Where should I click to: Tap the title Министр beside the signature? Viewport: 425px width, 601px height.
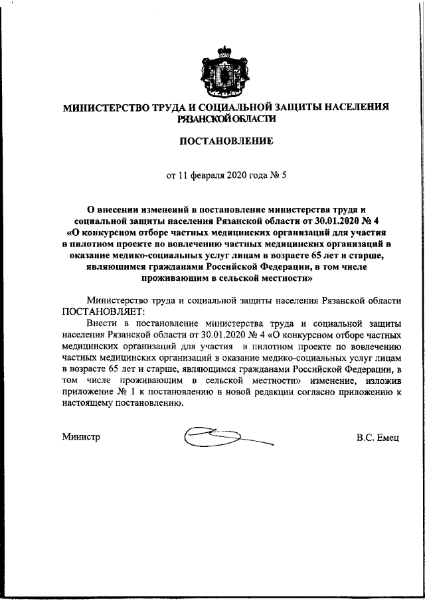82,437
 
